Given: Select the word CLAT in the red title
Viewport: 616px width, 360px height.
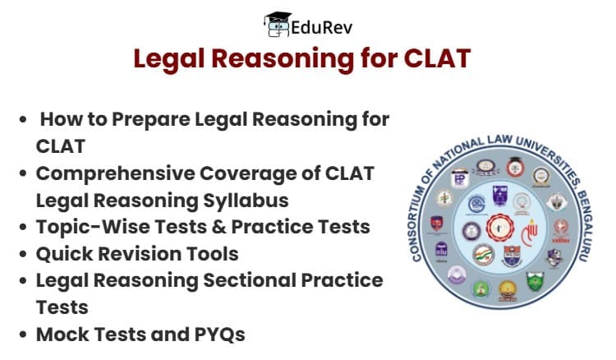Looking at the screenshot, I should click(x=443, y=60).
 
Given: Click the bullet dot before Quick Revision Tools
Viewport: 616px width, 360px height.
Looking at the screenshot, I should click(x=24, y=254).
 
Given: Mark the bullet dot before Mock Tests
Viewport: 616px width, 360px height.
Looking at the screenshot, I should click(x=24, y=335).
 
